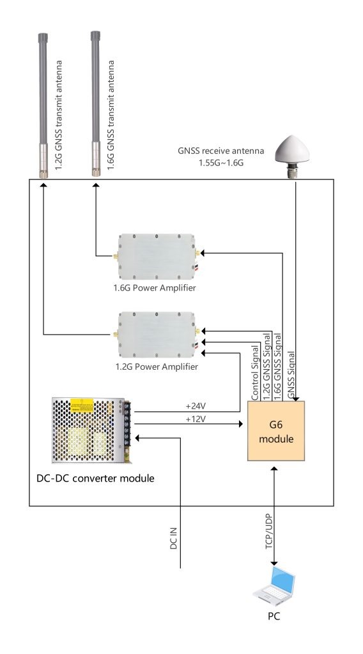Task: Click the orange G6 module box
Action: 276,431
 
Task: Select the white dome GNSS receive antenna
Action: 291,158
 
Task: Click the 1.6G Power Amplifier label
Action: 155,288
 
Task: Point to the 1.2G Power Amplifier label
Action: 157,367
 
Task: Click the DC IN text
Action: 174,538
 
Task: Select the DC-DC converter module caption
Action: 96,478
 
